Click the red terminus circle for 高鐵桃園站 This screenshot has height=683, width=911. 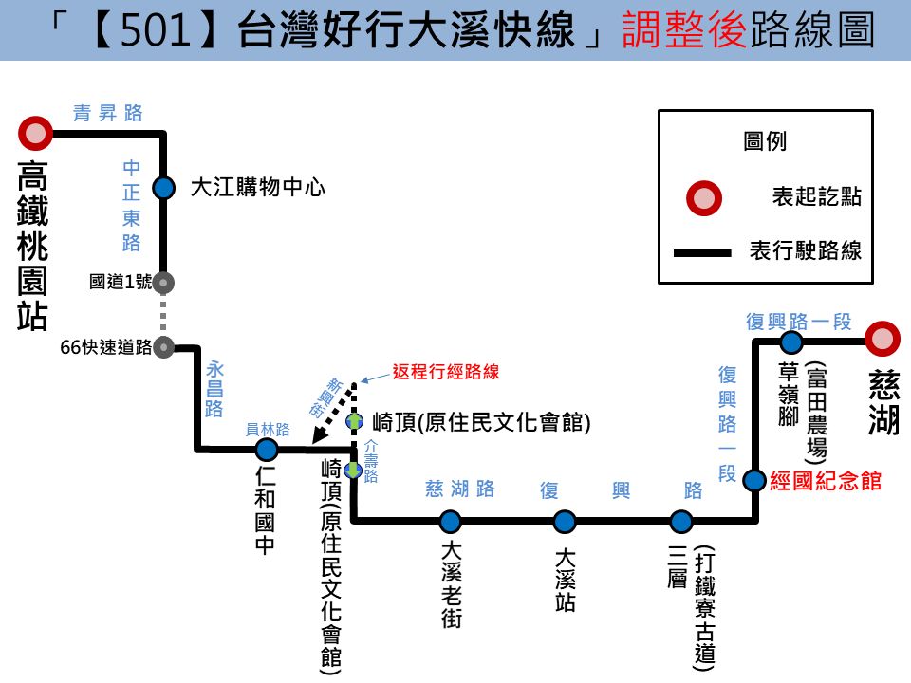(x=35, y=133)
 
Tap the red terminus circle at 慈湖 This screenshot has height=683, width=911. (x=883, y=339)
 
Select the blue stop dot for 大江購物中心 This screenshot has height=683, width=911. (x=164, y=188)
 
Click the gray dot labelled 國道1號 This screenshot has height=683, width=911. (x=164, y=283)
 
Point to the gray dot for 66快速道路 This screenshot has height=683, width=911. (x=164, y=347)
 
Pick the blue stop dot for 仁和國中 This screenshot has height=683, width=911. (x=267, y=449)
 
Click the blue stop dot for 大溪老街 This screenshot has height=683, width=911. (x=450, y=522)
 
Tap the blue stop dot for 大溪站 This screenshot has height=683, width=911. (x=564, y=522)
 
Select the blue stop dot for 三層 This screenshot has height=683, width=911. (x=681, y=522)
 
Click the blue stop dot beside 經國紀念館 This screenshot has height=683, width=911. (x=754, y=480)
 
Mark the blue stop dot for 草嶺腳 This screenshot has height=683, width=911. (x=790, y=342)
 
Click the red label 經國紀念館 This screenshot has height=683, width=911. (x=826, y=481)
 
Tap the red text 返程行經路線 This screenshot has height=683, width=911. (x=446, y=372)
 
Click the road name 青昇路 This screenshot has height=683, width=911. (x=107, y=113)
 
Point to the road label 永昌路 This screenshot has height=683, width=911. (x=214, y=389)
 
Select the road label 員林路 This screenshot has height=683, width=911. (x=268, y=429)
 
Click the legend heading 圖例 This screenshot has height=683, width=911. (x=765, y=141)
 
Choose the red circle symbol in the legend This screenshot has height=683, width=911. (x=704, y=198)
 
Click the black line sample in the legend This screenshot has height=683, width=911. (x=702, y=252)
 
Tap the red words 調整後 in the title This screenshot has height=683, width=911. (x=684, y=30)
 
